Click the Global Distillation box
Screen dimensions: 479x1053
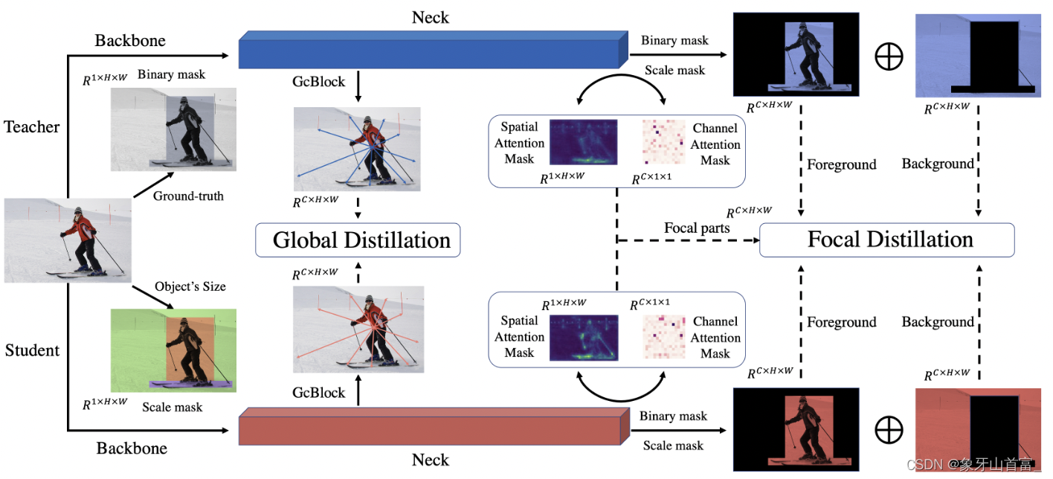point(358,240)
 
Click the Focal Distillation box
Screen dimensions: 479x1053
point(886,239)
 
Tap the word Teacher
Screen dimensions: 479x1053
point(32,127)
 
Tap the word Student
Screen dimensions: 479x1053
point(32,350)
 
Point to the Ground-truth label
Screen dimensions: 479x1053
point(188,196)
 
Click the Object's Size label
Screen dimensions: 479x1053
point(190,286)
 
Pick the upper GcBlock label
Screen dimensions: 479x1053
point(319,81)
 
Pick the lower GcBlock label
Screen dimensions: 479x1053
point(319,393)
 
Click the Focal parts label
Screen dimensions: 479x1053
point(697,228)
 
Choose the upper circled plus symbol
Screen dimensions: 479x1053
point(889,58)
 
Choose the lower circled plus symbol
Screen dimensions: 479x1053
point(889,430)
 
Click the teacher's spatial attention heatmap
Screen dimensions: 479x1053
point(583,142)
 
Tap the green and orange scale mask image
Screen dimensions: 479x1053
point(173,350)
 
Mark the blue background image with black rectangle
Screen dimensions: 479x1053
point(977,55)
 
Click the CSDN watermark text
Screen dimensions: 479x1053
point(973,465)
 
